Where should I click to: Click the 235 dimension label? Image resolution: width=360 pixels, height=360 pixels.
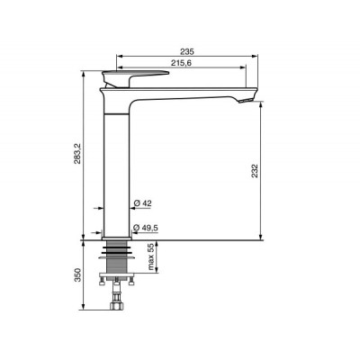(x=187, y=51)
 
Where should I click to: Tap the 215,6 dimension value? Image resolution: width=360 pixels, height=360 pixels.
(x=181, y=63)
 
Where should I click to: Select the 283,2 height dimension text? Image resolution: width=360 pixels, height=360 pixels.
(x=77, y=153)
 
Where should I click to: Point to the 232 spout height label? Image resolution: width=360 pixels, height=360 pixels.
(x=255, y=171)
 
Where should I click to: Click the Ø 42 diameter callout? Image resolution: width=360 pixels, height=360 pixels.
(x=142, y=203)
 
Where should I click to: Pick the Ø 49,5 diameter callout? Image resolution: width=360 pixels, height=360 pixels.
(x=145, y=228)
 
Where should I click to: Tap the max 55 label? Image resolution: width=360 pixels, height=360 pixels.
(x=150, y=256)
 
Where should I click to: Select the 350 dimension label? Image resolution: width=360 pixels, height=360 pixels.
(x=78, y=274)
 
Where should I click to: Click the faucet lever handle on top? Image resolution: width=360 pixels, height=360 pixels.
(x=135, y=78)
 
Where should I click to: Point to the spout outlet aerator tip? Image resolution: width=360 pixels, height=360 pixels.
(x=247, y=101)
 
